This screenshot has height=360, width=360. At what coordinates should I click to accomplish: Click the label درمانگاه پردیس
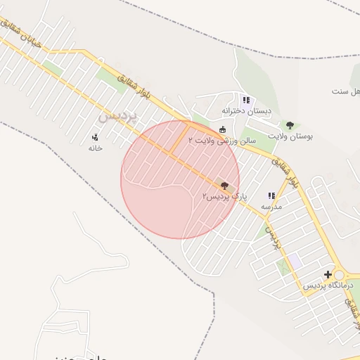tap(326, 286)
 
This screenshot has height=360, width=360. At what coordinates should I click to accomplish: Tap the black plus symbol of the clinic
tap(328, 274)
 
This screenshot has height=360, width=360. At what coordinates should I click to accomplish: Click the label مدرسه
tap(271, 207)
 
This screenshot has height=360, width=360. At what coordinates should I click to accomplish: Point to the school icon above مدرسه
tap(271, 196)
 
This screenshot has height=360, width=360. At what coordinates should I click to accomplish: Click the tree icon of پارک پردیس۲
tap(224, 186)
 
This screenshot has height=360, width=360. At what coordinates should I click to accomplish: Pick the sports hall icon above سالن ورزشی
tap(223, 129)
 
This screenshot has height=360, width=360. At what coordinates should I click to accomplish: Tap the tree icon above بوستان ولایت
tap(290, 124)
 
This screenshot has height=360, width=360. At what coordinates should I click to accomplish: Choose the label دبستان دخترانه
tap(246, 110)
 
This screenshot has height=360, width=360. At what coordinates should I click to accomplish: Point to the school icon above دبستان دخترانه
tap(245, 100)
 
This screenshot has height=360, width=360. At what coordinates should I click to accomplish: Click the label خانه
tap(96, 148)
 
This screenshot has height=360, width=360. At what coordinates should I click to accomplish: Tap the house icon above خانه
tap(96, 137)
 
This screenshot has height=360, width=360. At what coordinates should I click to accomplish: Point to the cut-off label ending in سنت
tap(347, 91)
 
